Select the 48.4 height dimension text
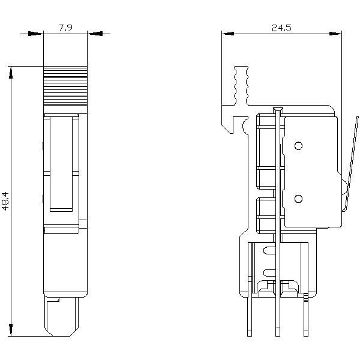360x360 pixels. click(5, 201)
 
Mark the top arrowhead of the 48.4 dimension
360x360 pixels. click(10, 71)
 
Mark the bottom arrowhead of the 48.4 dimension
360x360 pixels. click(10, 330)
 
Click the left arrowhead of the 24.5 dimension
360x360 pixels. click(227, 34)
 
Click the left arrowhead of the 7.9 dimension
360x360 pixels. click(38, 34)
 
